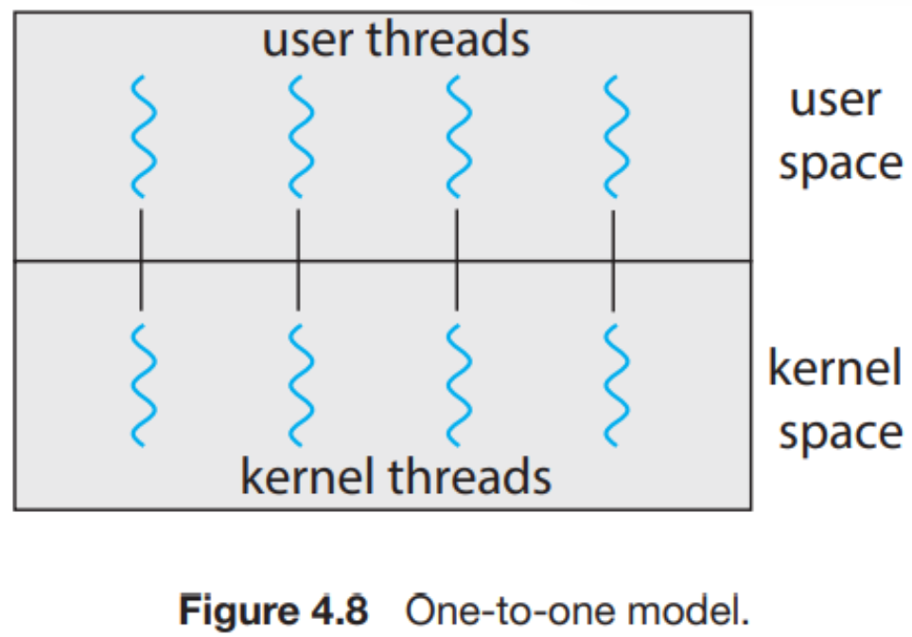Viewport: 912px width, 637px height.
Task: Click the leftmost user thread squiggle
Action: [x=141, y=134]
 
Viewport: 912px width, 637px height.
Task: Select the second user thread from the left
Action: [x=299, y=134]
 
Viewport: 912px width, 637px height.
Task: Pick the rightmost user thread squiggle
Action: [x=615, y=134]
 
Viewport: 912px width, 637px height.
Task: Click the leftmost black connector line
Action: [x=141, y=259]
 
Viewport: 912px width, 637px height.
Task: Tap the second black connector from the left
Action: [x=299, y=259]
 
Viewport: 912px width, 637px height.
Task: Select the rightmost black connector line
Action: [x=614, y=259]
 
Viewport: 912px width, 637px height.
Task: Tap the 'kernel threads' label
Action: [x=395, y=476]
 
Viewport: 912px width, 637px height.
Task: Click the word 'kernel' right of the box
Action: [x=834, y=369]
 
